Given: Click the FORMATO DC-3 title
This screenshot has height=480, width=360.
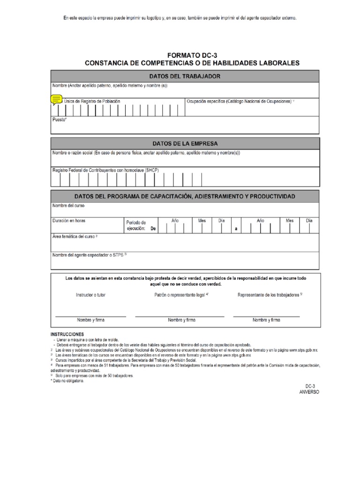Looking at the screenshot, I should (192, 55).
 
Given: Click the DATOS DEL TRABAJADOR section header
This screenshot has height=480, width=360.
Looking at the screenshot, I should (185, 76).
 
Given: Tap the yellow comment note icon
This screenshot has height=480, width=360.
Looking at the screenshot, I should (56, 99).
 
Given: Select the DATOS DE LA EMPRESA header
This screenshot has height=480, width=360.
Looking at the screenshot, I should (185, 143).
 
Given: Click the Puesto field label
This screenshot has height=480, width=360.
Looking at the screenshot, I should (60, 120).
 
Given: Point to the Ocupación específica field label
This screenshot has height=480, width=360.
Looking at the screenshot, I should (240, 101).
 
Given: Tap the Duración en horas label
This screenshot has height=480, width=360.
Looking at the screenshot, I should (69, 220).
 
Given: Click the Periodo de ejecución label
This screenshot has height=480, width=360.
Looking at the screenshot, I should (136, 225).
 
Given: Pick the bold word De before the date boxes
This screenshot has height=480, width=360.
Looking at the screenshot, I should (153, 229).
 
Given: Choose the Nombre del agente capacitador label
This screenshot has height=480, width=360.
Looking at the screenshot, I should (90, 255).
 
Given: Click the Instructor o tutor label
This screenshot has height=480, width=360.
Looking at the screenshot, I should (90, 295).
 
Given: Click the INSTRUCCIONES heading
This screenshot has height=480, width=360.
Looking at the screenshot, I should (67, 334).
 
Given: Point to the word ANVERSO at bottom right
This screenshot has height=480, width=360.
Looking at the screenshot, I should (309, 392).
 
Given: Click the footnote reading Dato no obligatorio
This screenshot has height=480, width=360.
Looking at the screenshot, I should (68, 381).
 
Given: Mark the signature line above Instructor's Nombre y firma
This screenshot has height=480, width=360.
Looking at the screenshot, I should (90, 316).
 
